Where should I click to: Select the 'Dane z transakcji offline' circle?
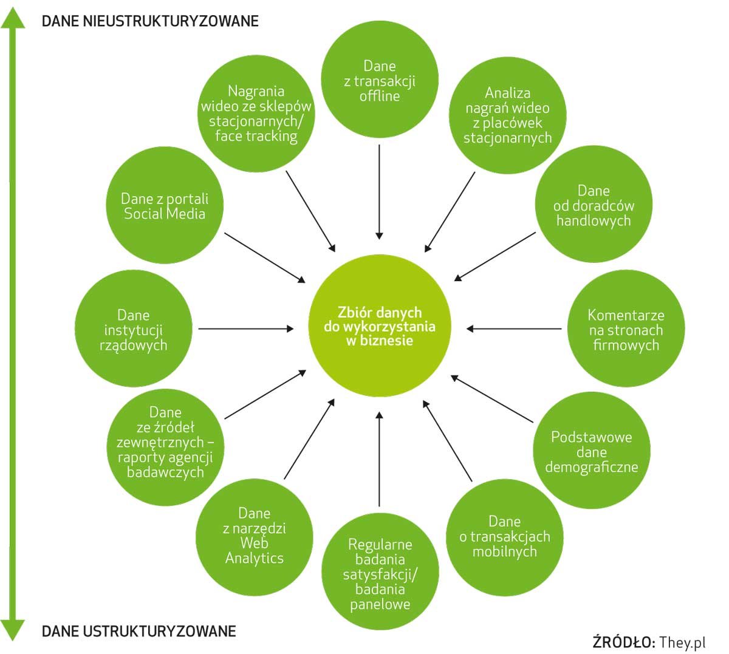pos(379,81)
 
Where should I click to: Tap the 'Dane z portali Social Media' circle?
pos(165,206)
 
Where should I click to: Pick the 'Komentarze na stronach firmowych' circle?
pos(626,330)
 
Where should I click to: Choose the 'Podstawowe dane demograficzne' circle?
pos(591,452)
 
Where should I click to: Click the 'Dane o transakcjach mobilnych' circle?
pos(504,537)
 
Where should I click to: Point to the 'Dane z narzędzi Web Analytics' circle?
pos(255,535)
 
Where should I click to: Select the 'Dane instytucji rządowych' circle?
pos(134,330)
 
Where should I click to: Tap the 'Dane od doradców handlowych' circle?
pos(594,206)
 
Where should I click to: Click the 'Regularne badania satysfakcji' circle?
pos(380,574)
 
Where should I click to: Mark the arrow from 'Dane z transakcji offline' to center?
pos(379,191)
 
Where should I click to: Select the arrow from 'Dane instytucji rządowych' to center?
pos(246,329)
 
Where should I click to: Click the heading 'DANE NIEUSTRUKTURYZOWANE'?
pos(150,21)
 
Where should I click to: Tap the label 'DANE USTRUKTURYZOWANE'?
pos(139,632)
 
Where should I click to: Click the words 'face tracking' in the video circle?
pos(256,136)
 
